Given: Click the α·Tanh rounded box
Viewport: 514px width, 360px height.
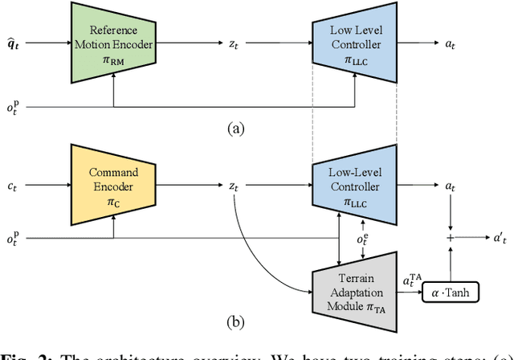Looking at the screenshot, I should point(451,292).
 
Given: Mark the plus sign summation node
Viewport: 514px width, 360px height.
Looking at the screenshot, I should point(451,239).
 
